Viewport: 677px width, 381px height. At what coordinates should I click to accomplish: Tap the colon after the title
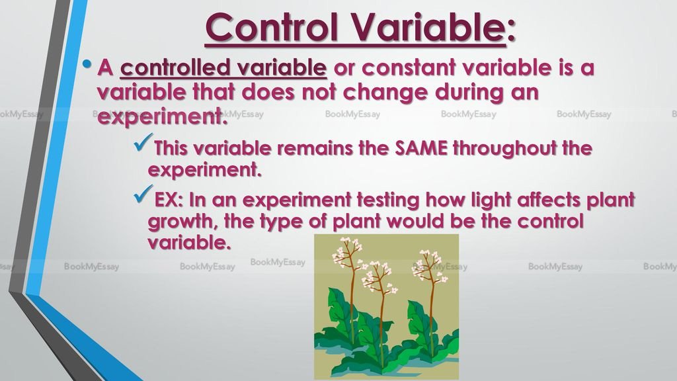511,31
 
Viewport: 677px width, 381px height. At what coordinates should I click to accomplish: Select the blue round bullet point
87,64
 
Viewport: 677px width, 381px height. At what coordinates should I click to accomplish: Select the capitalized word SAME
421,148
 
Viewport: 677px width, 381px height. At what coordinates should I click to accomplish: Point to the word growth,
183,222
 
